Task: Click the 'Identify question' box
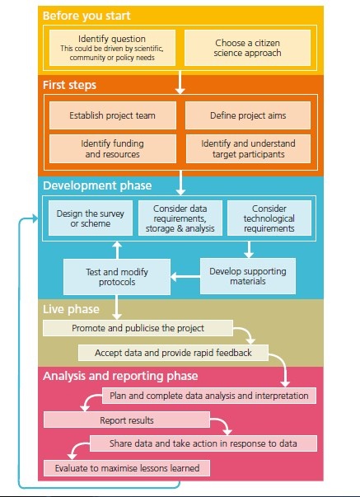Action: click(x=113, y=48)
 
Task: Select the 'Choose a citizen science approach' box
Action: click(x=247, y=48)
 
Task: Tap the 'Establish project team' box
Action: click(x=113, y=115)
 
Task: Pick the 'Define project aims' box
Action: click(x=248, y=115)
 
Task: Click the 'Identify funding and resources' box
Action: click(x=113, y=148)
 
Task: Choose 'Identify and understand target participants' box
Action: click(x=248, y=148)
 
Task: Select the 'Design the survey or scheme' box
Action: click(x=91, y=218)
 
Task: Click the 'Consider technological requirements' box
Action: click(x=269, y=218)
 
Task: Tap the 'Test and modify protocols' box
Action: click(x=117, y=277)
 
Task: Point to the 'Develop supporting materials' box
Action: click(x=248, y=276)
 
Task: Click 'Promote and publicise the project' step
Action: click(x=138, y=328)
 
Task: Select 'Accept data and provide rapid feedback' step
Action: click(x=173, y=353)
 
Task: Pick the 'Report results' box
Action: click(x=127, y=420)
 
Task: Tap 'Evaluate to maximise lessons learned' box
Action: click(x=127, y=468)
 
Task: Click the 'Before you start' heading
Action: click(x=86, y=16)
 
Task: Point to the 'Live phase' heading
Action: click(x=71, y=309)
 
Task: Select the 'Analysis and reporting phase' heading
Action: click(x=120, y=376)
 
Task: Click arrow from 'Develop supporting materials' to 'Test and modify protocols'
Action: click(x=185, y=276)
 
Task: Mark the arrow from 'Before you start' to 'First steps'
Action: click(x=180, y=82)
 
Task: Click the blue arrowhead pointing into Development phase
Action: click(x=35, y=218)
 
